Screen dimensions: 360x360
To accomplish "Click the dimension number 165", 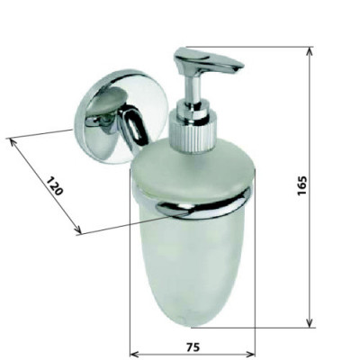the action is (301, 185).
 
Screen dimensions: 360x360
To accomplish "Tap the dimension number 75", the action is (193, 347).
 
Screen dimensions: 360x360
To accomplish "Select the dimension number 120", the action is (55, 186).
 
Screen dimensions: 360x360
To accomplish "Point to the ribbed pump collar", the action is (192, 134).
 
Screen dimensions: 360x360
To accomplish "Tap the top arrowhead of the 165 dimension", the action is (310, 51).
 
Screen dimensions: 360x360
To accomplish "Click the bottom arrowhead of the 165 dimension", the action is (310, 323).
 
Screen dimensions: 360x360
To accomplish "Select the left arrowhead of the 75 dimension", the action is (134, 353).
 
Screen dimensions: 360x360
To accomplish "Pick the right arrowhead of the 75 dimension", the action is (250, 353).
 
